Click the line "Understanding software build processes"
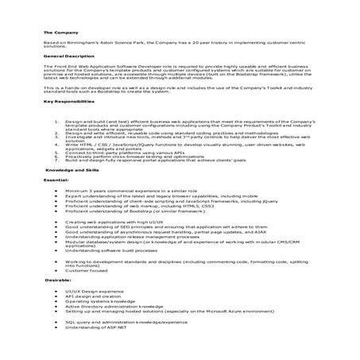coord(114,251)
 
